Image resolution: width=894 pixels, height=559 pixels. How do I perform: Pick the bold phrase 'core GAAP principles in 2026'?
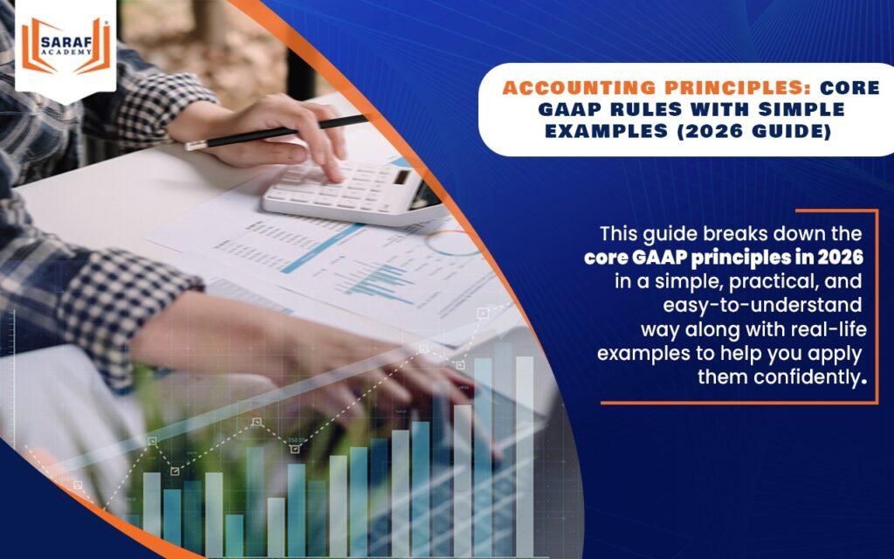(723, 259)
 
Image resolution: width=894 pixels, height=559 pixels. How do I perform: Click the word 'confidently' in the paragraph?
(807, 377)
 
